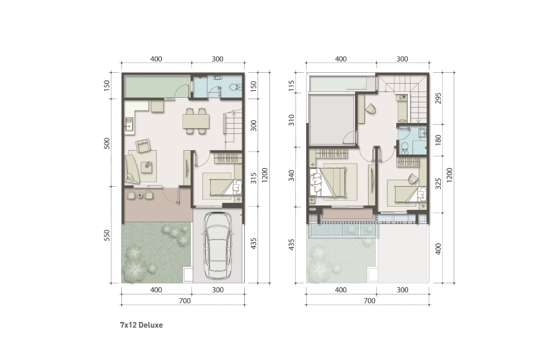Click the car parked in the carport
[218, 245]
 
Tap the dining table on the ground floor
[196, 121]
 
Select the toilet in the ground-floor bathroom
[236, 87]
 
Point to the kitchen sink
[130, 124]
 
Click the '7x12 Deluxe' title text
[141, 325]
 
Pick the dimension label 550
[107, 235]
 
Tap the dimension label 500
[107, 143]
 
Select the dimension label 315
[254, 178]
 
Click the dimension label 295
[438, 98]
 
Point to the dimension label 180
[438, 140]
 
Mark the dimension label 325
[438, 184]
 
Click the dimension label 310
[292, 120]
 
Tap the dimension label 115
[292, 86]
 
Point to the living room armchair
[143, 146]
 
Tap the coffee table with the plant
[148, 167]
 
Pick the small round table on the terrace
[140, 195]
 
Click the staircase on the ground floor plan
[233, 129]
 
